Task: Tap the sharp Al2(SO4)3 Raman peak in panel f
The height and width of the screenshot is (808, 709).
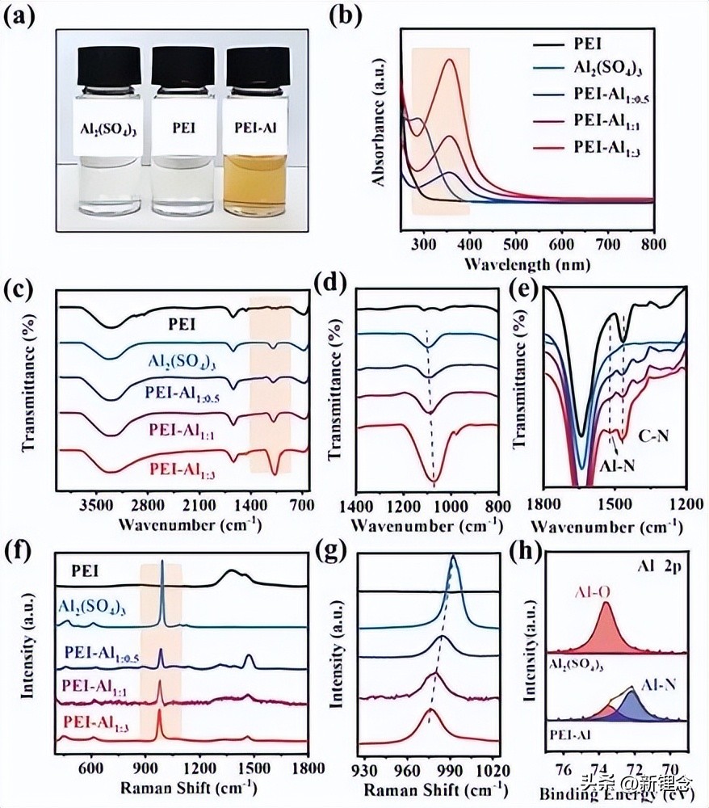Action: (162, 566)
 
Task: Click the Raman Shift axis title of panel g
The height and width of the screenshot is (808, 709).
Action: (428, 787)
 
